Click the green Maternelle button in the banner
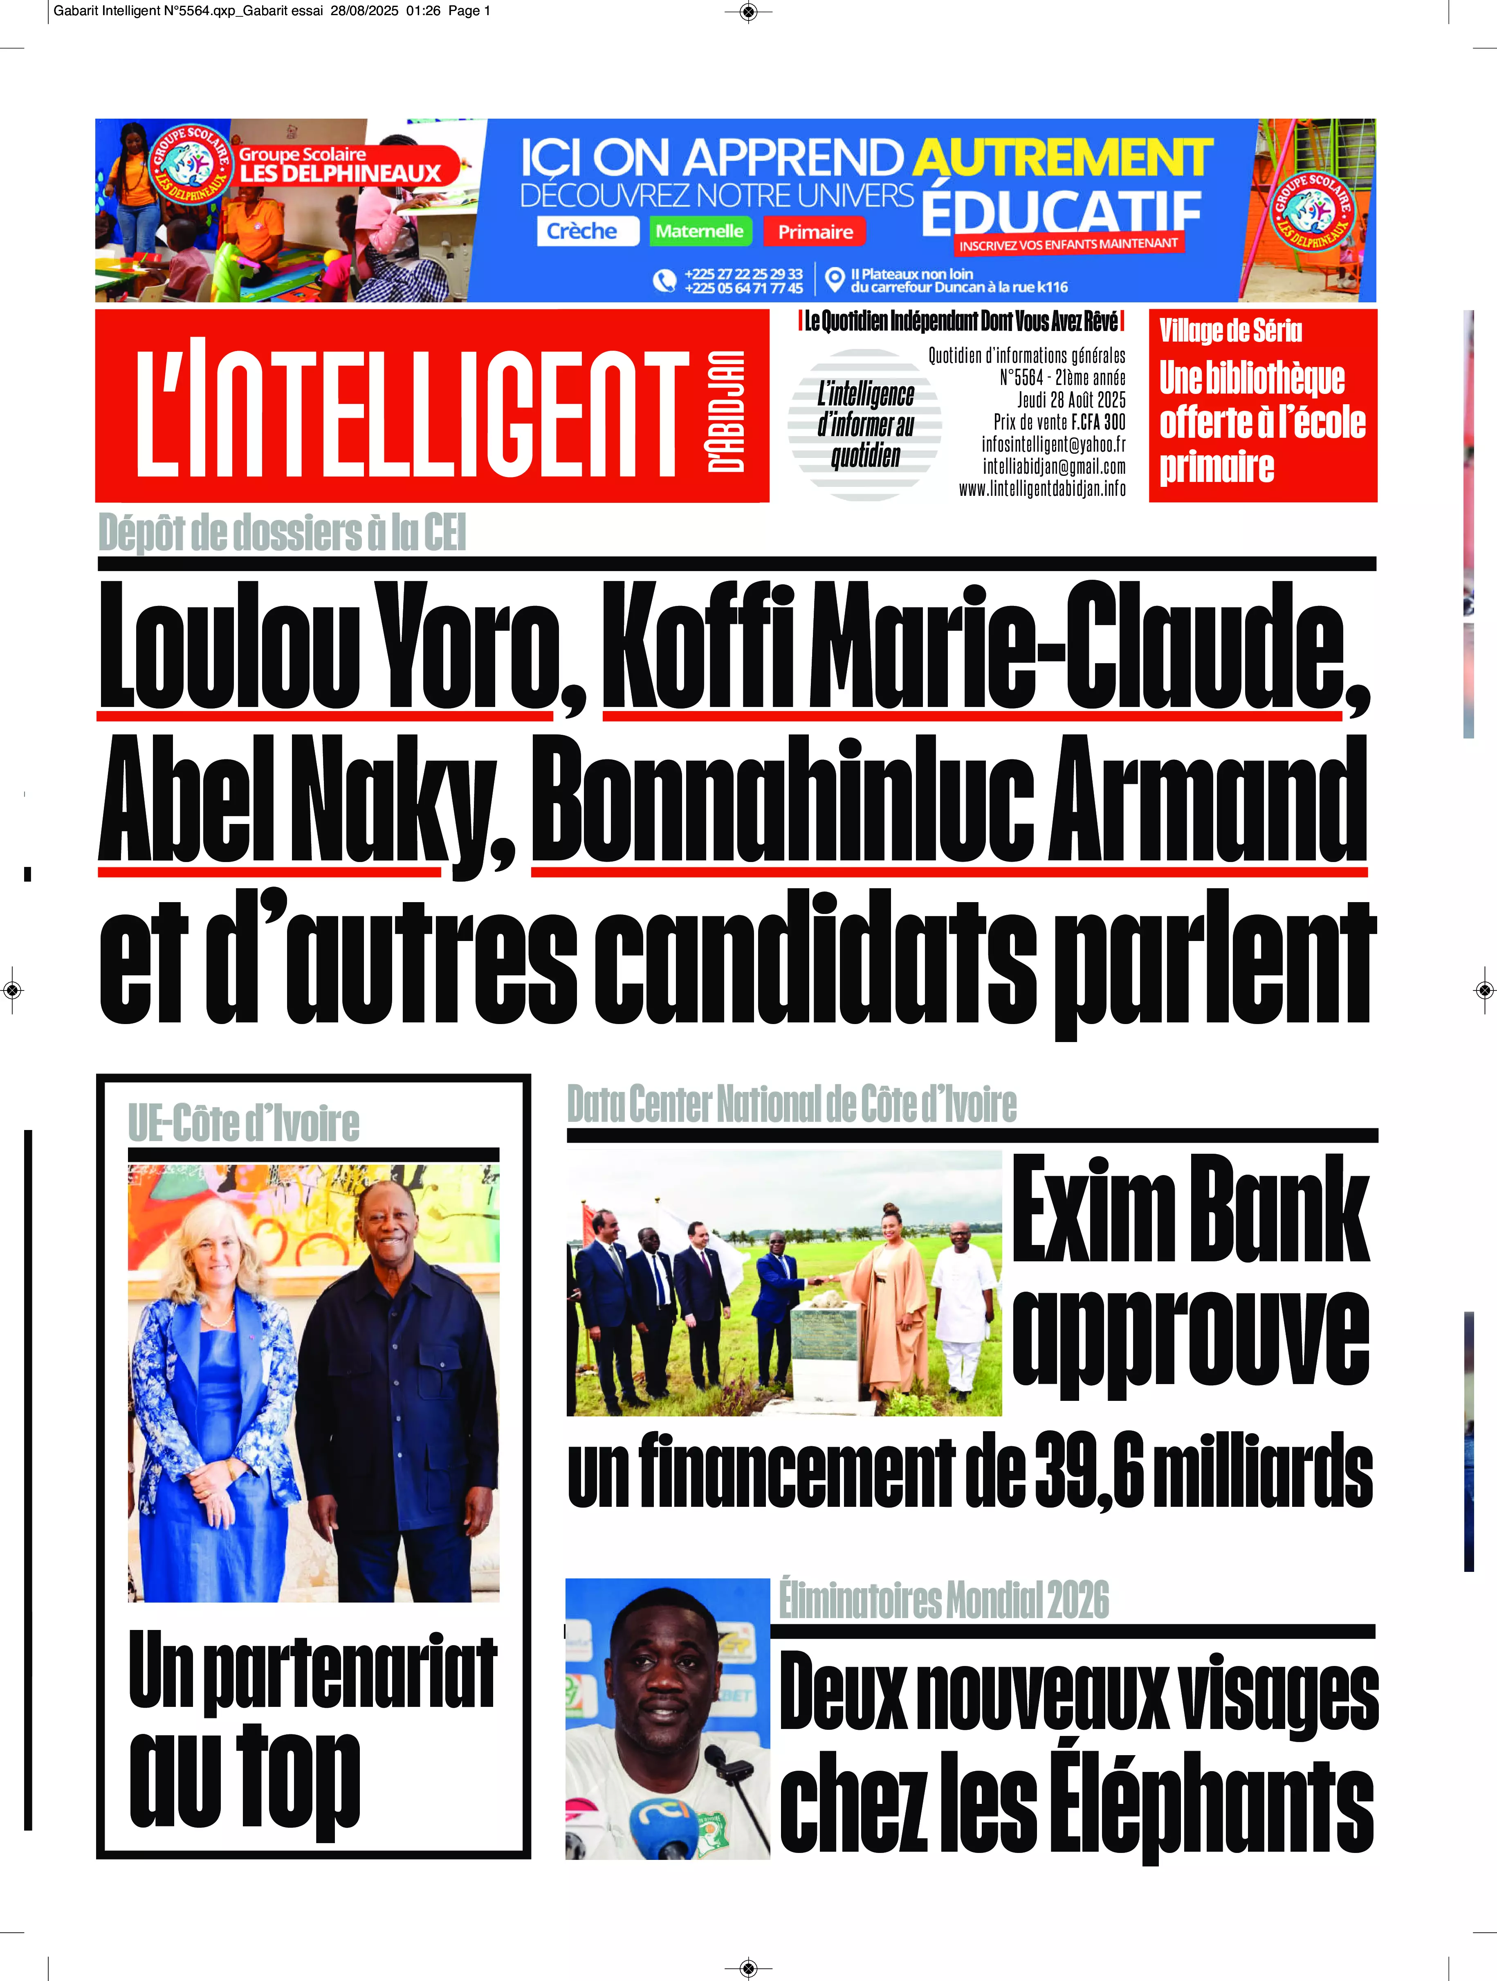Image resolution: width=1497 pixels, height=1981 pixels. [699, 231]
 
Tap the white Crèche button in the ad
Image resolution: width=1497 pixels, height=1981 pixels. [582, 231]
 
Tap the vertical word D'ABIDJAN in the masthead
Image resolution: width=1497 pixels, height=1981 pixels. [726, 410]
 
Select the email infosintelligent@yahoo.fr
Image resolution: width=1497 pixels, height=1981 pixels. [1053, 444]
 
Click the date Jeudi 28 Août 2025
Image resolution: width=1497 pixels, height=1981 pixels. [1071, 399]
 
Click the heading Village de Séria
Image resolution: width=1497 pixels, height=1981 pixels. [1230, 331]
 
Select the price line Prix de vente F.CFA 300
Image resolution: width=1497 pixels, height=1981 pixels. [1059, 422]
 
